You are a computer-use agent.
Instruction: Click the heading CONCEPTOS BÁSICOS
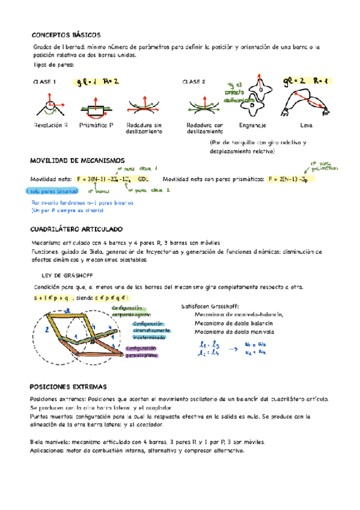[66, 35]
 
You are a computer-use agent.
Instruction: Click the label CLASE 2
[194, 82]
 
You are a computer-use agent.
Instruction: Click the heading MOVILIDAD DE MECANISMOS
[77, 161]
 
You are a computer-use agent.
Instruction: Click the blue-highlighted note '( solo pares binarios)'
[50, 191]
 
